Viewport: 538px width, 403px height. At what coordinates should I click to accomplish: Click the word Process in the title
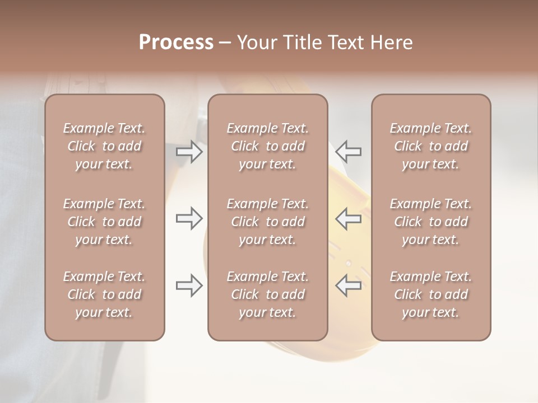pyautogui.click(x=176, y=43)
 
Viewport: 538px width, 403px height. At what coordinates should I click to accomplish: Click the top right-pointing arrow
pyautogui.click(x=189, y=152)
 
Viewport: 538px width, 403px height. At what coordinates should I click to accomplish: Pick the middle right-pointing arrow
pyautogui.click(x=189, y=218)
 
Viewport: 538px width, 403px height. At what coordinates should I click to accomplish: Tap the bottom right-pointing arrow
pyautogui.click(x=189, y=285)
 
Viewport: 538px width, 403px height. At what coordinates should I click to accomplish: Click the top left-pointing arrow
pyautogui.click(x=348, y=151)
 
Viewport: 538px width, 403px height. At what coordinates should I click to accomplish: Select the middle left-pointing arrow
pyautogui.click(x=348, y=218)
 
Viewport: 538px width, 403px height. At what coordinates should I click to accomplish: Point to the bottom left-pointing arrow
pyautogui.click(x=348, y=285)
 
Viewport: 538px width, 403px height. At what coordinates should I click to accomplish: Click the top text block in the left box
pyautogui.click(x=104, y=146)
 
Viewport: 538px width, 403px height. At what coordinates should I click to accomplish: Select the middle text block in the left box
pyautogui.click(x=104, y=222)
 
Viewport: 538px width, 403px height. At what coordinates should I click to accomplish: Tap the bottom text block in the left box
pyautogui.click(x=104, y=294)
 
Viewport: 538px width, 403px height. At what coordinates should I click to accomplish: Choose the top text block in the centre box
pyautogui.click(x=267, y=146)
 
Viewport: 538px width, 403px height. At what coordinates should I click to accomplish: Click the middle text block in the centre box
pyautogui.click(x=267, y=222)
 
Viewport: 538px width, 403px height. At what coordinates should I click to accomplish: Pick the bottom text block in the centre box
pyautogui.click(x=267, y=294)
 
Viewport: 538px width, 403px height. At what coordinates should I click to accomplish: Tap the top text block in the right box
pyautogui.click(x=430, y=146)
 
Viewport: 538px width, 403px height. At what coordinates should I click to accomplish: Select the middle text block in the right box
pyautogui.click(x=430, y=222)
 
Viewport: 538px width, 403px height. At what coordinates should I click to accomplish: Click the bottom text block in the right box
pyautogui.click(x=430, y=294)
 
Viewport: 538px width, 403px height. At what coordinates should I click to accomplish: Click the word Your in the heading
pyautogui.click(x=257, y=43)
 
